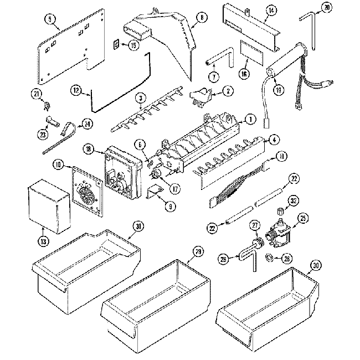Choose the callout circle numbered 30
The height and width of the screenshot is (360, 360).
(315, 266)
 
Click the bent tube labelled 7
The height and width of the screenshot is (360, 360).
(220, 58)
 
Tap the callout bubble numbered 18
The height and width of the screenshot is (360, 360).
(88, 148)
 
